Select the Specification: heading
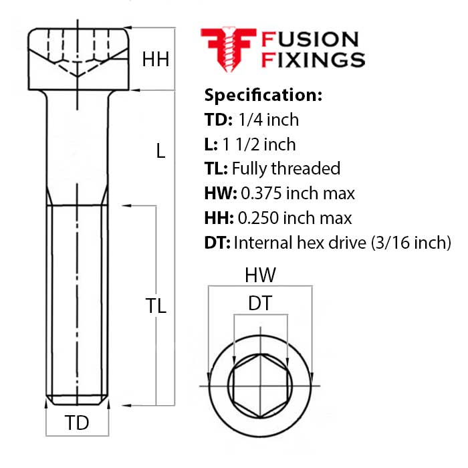point(263,94)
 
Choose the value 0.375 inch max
point(298,193)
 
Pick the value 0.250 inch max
point(296,217)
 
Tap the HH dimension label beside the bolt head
point(155,60)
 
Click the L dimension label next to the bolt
point(160,151)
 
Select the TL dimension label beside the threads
point(156,306)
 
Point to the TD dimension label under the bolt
point(77,423)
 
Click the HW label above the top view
point(259,275)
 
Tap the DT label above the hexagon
point(259,304)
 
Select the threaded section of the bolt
point(78,301)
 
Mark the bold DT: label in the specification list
point(217,242)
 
